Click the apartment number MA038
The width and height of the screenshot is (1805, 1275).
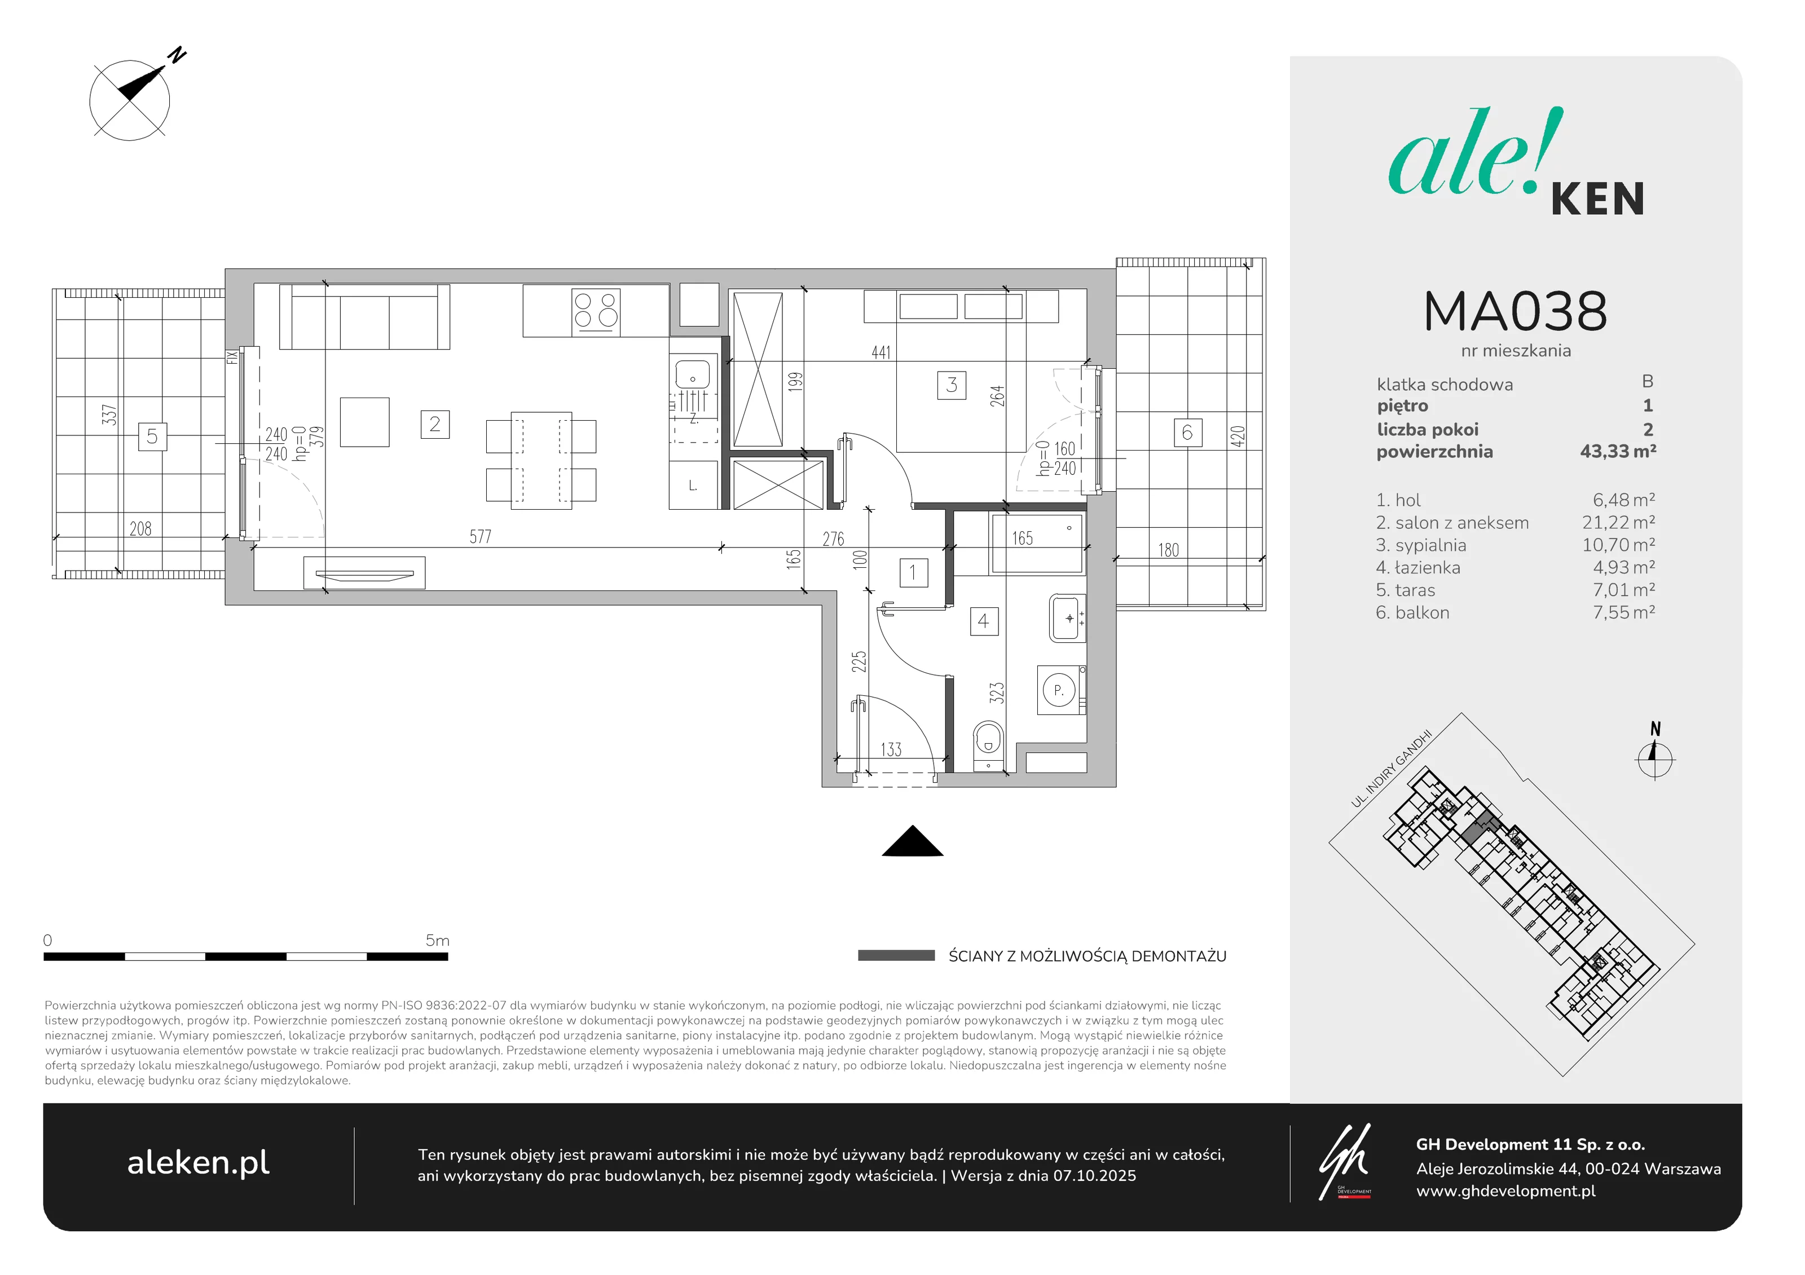(1515, 311)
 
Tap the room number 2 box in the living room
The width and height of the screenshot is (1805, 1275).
(435, 425)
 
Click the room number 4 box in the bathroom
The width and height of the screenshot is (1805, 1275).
(984, 621)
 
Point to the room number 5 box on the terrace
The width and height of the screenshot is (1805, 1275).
(152, 436)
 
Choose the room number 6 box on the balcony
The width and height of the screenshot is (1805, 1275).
(1187, 433)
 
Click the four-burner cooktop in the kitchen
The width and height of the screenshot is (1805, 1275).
(596, 311)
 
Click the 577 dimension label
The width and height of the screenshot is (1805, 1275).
(481, 537)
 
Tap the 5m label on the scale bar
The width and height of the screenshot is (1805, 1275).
(437, 940)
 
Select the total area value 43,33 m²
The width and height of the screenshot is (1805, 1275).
(1618, 451)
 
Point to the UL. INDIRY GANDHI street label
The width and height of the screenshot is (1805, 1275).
(1392, 769)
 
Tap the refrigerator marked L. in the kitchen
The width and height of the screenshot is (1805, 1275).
(693, 485)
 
